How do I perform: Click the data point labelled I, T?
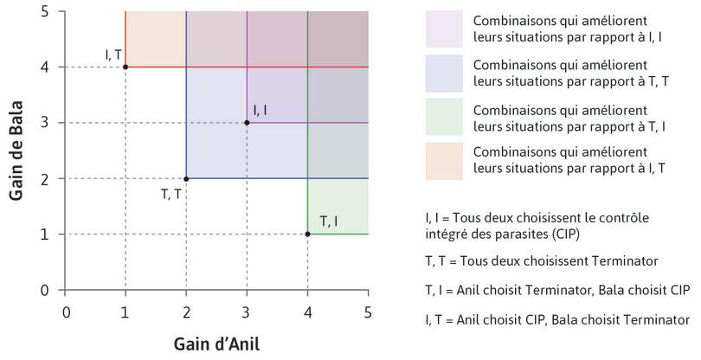pyautogui.click(x=125, y=67)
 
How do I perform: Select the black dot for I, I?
pyautogui.click(x=247, y=123)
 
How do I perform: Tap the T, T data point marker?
pyautogui.click(x=186, y=178)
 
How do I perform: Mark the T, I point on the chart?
pyautogui.click(x=307, y=234)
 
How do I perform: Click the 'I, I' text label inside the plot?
pyautogui.click(x=260, y=110)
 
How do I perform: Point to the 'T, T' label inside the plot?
pyautogui.click(x=170, y=193)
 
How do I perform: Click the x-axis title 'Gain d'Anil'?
pyautogui.click(x=215, y=342)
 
